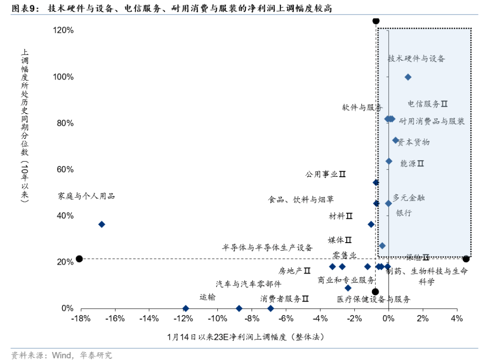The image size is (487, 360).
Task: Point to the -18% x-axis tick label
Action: [80, 319]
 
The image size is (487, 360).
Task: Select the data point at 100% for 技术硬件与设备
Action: [408, 77]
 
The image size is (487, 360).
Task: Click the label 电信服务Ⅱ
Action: [427, 104]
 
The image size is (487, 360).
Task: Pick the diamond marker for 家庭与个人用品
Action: [101, 224]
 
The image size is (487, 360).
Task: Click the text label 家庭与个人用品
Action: [86, 196]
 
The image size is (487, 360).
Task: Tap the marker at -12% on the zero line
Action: [186, 309]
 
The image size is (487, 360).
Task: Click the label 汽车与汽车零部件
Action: [248, 284]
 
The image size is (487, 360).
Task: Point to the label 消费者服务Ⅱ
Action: [284, 298]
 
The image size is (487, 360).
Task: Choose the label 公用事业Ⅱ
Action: [325, 174]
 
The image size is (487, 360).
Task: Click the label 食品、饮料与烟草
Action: [301, 200]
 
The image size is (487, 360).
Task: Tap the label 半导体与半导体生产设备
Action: [267, 247]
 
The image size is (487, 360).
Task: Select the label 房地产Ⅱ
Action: [294, 271]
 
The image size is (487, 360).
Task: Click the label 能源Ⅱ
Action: [412, 164]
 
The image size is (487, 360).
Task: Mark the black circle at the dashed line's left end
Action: [79, 259]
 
